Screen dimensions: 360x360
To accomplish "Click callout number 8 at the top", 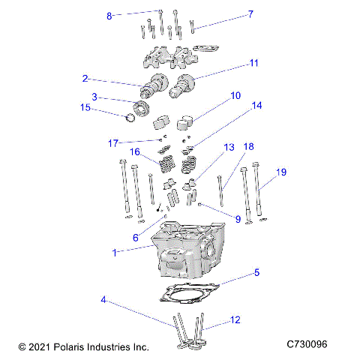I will tap(109, 16).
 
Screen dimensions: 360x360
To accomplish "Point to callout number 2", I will tap(86, 78).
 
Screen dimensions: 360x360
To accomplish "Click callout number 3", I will tap(94, 97).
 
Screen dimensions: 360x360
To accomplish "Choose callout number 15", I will tap(86, 108).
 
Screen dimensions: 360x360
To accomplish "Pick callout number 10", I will tap(235, 95).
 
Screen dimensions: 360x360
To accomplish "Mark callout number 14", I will tap(256, 106).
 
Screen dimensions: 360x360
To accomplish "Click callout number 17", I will tap(113, 142).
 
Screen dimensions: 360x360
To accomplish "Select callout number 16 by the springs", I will tap(135, 151).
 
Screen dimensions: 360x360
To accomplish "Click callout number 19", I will tap(281, 172).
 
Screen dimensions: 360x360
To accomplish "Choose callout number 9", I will tap(238, 220).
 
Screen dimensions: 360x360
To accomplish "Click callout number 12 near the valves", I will tap(235, 320).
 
